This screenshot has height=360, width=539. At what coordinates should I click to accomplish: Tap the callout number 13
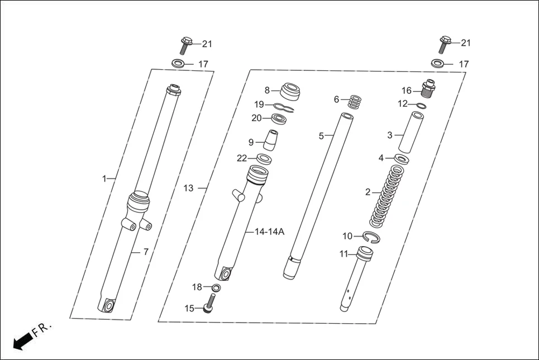[188, 188]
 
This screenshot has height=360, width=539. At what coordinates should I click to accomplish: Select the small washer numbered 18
[216, 287]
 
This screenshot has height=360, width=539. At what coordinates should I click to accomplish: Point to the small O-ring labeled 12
[422, 105]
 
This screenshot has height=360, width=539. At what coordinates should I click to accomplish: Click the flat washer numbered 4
[402, 159]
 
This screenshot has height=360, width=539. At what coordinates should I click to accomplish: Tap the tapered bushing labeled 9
[270, 141]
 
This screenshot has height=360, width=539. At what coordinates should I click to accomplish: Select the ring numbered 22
[264, 159]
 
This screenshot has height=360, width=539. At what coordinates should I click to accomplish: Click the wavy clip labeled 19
[285, 107]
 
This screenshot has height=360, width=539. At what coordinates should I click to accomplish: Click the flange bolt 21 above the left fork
[187, 44]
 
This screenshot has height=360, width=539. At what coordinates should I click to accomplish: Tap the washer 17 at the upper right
[438, 63]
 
